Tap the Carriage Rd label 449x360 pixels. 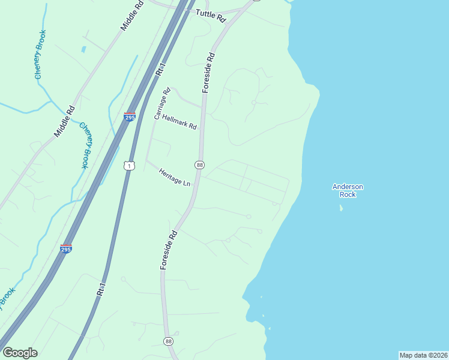[162, 104]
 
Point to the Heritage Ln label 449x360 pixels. [175, 177]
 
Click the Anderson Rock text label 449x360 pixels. [348, 190]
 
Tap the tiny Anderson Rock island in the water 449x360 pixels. [341, 208]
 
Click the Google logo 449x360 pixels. [20, 353]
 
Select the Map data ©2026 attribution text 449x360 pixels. [423, 355]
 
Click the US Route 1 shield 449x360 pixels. [128, 165]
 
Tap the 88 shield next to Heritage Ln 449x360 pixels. [199, 165]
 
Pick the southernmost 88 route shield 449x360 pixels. [168, 341]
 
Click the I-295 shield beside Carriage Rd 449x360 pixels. [130, 117]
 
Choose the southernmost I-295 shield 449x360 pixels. [67, 248]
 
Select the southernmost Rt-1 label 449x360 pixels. [101, 289]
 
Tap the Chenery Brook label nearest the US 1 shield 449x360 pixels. [85, 145]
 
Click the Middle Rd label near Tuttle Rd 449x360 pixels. [133, 16]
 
